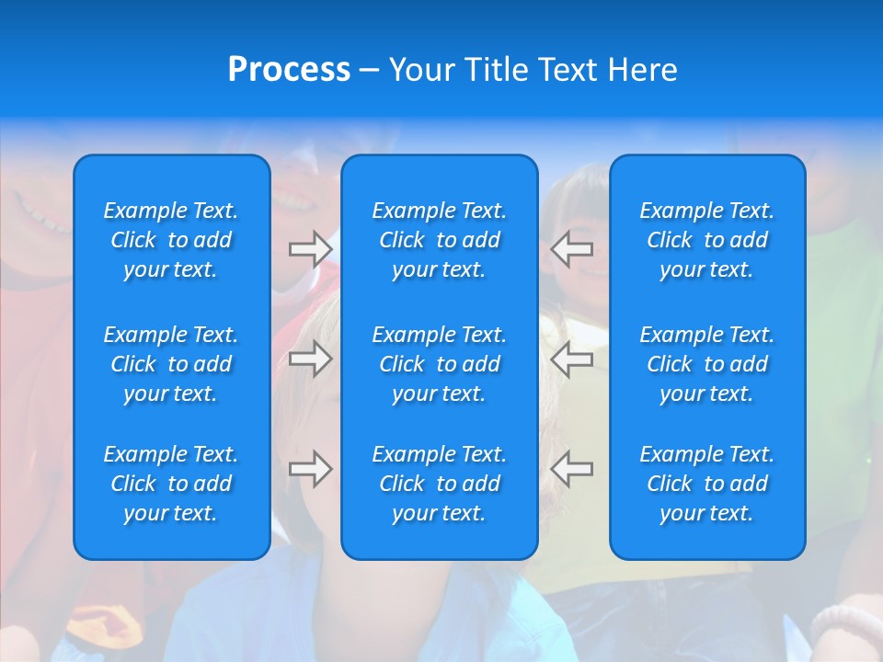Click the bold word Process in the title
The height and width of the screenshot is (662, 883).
[289, 70]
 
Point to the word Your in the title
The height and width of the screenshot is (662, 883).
[423, 70]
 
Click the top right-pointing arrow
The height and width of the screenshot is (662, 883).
[310, 249]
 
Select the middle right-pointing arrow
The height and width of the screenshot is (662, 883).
[310, 359]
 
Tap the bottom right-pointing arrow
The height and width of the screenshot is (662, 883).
[310, 469]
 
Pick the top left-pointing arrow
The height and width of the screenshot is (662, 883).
[572, 249]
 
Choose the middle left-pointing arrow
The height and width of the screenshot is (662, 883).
[572, 359]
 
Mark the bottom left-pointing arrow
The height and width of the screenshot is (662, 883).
[572, 469]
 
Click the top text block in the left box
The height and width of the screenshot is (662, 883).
[171, 240]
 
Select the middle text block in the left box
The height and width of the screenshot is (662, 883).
[171, 364]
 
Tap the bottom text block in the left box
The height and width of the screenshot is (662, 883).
[171, 484]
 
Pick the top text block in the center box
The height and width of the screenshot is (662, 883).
[440, 240]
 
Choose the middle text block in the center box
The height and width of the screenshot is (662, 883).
[440, 364]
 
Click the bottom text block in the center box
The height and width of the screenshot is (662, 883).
[440, 484]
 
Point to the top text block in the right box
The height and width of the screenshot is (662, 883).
[707, 240]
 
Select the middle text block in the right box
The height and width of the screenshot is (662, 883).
[707, 364]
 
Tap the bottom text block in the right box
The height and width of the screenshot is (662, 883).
[707, 484]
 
